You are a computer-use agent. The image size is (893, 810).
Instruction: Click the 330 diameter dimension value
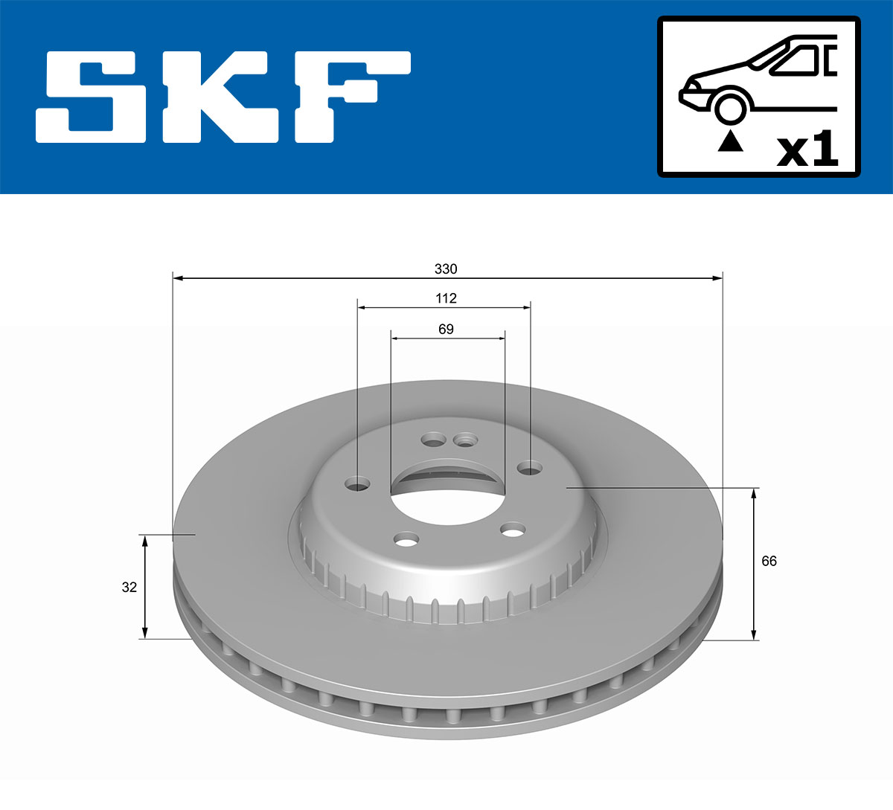click(446, 269)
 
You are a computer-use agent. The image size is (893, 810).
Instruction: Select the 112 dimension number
click(446, 298)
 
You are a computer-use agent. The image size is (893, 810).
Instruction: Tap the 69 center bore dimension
click(446, 329)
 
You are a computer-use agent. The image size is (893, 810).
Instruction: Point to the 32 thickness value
click(129, 587)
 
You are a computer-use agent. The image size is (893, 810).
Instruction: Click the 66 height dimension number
click(769, 561)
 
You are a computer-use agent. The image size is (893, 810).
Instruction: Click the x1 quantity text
click(807, 151)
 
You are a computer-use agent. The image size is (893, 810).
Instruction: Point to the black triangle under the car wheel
click(730, 141)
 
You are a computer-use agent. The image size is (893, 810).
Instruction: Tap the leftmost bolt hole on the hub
click(358, 485)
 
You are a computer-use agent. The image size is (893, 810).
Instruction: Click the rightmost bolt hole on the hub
click(530, 468)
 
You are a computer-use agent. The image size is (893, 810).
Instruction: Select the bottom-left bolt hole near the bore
click(407, 539)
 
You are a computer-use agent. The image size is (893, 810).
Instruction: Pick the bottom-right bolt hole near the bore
click(513, 530)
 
